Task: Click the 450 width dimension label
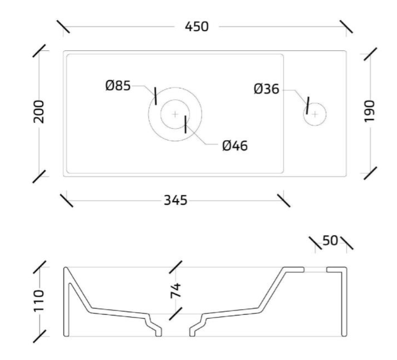[197, 27]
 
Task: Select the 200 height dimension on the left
[39, 112]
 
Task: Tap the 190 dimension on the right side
[369, 111]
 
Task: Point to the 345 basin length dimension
[176, 200]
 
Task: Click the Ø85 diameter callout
[118, 86]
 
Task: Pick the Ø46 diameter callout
[235, 146]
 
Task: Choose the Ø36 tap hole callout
[267, 89]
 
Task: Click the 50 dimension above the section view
[330, 240]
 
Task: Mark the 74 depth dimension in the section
[176, 291]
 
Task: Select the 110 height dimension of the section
[39, 301]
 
